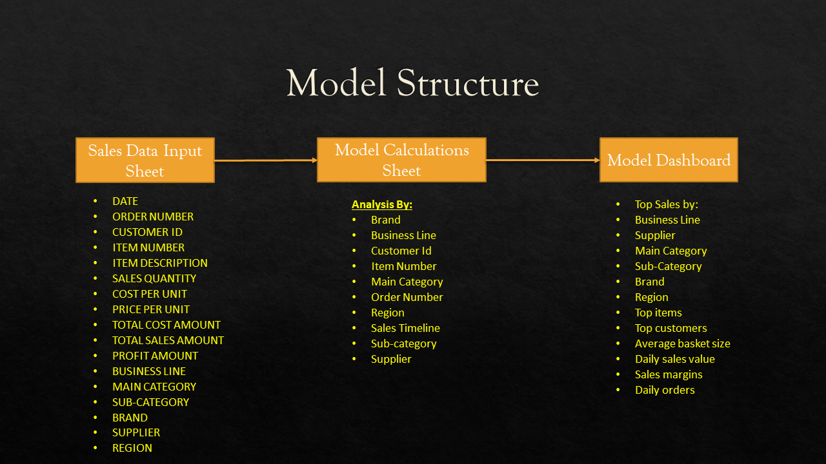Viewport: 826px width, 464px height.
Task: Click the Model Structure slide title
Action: click(x=412, y=82)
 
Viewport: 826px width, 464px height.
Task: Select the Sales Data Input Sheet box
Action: click(x=145, y=160)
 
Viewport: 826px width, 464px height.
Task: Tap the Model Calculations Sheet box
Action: click(x=401, y=160)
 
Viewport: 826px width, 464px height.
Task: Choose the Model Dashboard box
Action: click(x=669, y=160)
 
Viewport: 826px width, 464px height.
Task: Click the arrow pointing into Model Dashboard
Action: click(x=543, y=160)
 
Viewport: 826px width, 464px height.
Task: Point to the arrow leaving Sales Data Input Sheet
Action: click(x=266, y=160)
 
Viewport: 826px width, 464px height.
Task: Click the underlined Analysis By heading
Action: click(x=381, y=204)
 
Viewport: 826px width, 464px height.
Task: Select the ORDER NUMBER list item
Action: click(x=153, y=217)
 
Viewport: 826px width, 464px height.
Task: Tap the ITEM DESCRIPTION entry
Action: click(x=159, y=263)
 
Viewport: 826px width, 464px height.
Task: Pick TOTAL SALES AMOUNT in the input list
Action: click(x=168, y=340)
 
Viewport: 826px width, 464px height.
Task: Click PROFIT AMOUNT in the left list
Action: click(x=155, y=356)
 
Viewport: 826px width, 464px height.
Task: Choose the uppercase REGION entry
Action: click(x=132, y=448)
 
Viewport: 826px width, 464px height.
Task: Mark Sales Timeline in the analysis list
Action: click(x=405, y=328)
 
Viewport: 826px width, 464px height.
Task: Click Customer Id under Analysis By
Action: click(x=401, y=251)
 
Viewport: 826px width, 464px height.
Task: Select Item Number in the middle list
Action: click(x=403, y=266)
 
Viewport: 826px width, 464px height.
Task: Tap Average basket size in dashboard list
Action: click(x=682, y=343)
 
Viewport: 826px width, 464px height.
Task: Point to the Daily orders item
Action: click(x=665, y=390)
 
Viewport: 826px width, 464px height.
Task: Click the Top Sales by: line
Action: click(x=666, y=204)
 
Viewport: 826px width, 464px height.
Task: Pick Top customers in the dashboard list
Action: click(x=670, y=328)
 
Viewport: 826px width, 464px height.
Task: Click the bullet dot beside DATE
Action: click(x=95, y=201)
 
